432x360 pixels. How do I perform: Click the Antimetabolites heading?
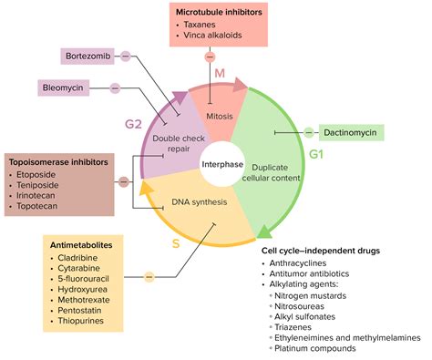[x=87, y=244]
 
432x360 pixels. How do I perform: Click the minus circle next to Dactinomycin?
[x=310, y=133]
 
